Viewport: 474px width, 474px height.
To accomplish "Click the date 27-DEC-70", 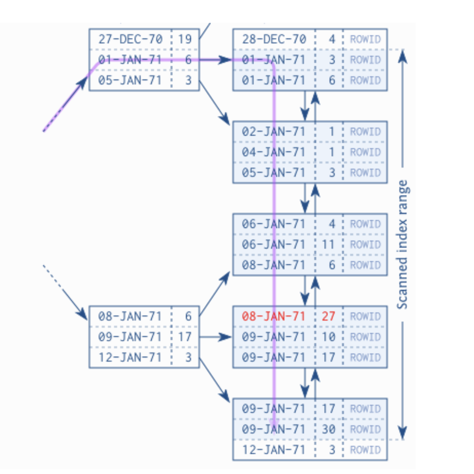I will point(130,39).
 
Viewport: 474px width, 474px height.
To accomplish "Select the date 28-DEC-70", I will point(274,39).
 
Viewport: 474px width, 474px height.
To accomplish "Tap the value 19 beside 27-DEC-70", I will point(185,39).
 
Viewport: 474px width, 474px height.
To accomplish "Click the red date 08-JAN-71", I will point(274,316).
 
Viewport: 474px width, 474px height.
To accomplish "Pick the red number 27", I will point(328,316).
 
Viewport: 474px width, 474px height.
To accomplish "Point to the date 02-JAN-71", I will point(274,132).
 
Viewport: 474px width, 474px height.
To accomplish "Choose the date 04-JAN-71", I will point(274,152).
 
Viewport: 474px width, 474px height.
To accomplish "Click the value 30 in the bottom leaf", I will point(328,429).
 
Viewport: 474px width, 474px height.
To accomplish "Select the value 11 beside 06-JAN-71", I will point(328,245).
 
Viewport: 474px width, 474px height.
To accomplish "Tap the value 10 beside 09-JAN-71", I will point(328,337).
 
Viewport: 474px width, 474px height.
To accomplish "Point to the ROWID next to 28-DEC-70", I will point(365,39).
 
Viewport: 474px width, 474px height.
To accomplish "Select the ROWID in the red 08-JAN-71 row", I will point(365,316).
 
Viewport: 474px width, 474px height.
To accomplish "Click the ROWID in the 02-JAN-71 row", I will point(365,132).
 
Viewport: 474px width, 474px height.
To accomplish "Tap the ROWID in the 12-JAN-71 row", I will point(365,450).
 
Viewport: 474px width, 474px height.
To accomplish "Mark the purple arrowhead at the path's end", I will point(274,423).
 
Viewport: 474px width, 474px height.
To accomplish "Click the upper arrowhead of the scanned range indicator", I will point(403,56).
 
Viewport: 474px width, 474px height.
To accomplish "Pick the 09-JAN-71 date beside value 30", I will point(274,429).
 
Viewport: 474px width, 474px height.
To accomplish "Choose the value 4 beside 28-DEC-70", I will point(332,39).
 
